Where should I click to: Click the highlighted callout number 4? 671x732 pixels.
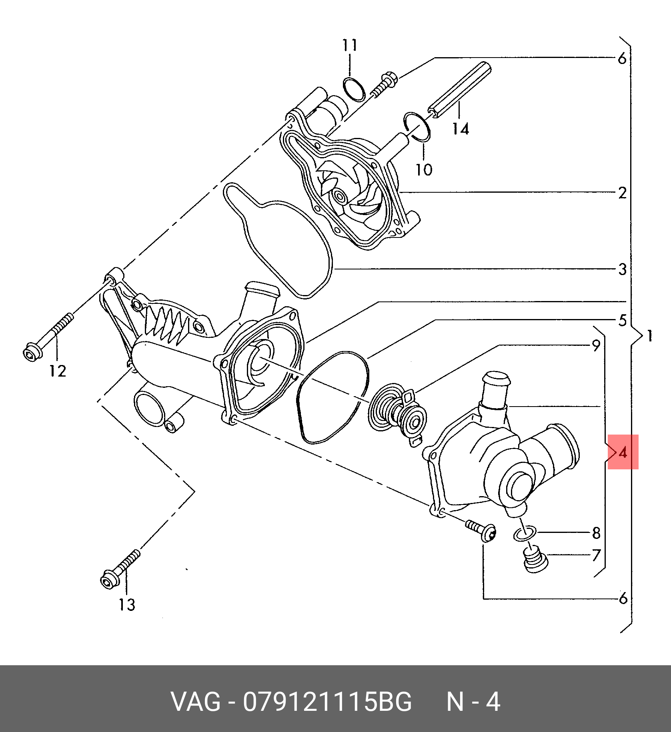click(x=623, y=452)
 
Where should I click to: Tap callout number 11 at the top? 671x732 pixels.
click(x=350, y=45)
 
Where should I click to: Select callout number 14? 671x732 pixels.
click(x=461, y=129)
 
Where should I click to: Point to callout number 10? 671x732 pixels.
click(x=424, y=170)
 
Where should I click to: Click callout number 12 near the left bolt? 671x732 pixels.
click(x=57, y=371)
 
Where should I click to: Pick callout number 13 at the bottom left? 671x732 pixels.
click(x=127, y=604)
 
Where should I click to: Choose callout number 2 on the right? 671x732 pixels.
click(x=622, y=193)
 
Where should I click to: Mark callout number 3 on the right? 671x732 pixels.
click(x=622, y=269)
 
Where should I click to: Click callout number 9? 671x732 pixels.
click(x=596, y=345)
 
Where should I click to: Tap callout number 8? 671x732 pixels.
click(x=596, y=533)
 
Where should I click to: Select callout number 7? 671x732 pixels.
click(x=596, y=555)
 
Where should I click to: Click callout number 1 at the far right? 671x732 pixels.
click(x=650, y=336)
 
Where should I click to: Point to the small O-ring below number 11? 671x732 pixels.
click(x=354, y=90)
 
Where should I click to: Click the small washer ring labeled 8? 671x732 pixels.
click(x=525, y=533)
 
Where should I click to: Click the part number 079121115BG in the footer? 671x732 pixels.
click(x=327, y=701)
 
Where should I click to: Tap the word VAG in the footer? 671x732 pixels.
click(x=196, y=701)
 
